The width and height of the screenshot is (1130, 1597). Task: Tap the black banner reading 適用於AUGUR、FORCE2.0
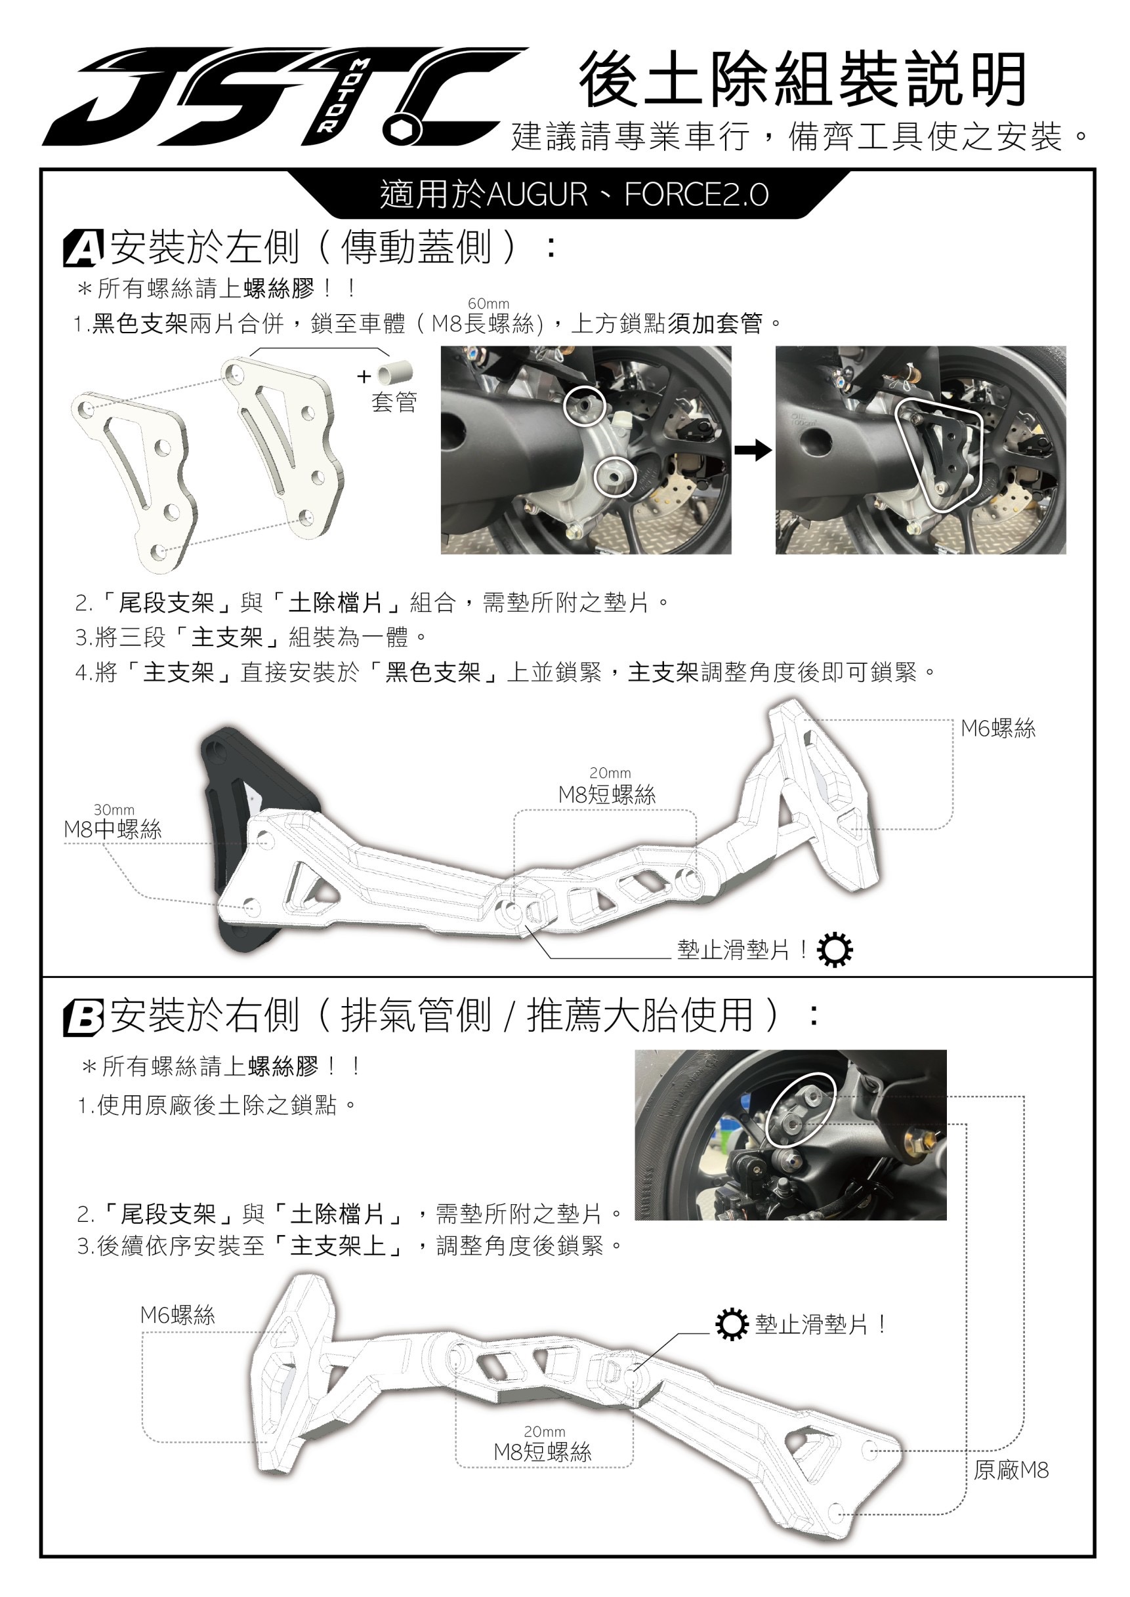point(574,194)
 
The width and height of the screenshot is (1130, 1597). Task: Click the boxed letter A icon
point(83,249)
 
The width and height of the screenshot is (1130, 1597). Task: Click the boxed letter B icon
point(83,1018)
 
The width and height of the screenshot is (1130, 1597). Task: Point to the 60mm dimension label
point(488,304)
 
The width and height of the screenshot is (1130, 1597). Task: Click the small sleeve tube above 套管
point(394,374)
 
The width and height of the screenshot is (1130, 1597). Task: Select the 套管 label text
point(394,402)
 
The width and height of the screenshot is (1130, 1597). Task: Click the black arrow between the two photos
point(753,451)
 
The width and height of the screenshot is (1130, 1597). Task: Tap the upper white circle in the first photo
point(584,405)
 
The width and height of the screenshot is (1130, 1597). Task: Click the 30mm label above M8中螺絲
point(114,809)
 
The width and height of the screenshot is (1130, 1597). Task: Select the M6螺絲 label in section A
point(998,728)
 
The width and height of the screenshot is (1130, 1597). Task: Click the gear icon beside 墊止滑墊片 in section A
point(834,950)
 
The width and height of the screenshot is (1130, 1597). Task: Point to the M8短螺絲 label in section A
point(607,794)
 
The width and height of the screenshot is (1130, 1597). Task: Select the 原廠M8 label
point(1011,1470)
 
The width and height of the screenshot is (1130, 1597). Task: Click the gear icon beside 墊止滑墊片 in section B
point(731,1324)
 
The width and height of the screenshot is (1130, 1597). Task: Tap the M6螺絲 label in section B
point(177,1314)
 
